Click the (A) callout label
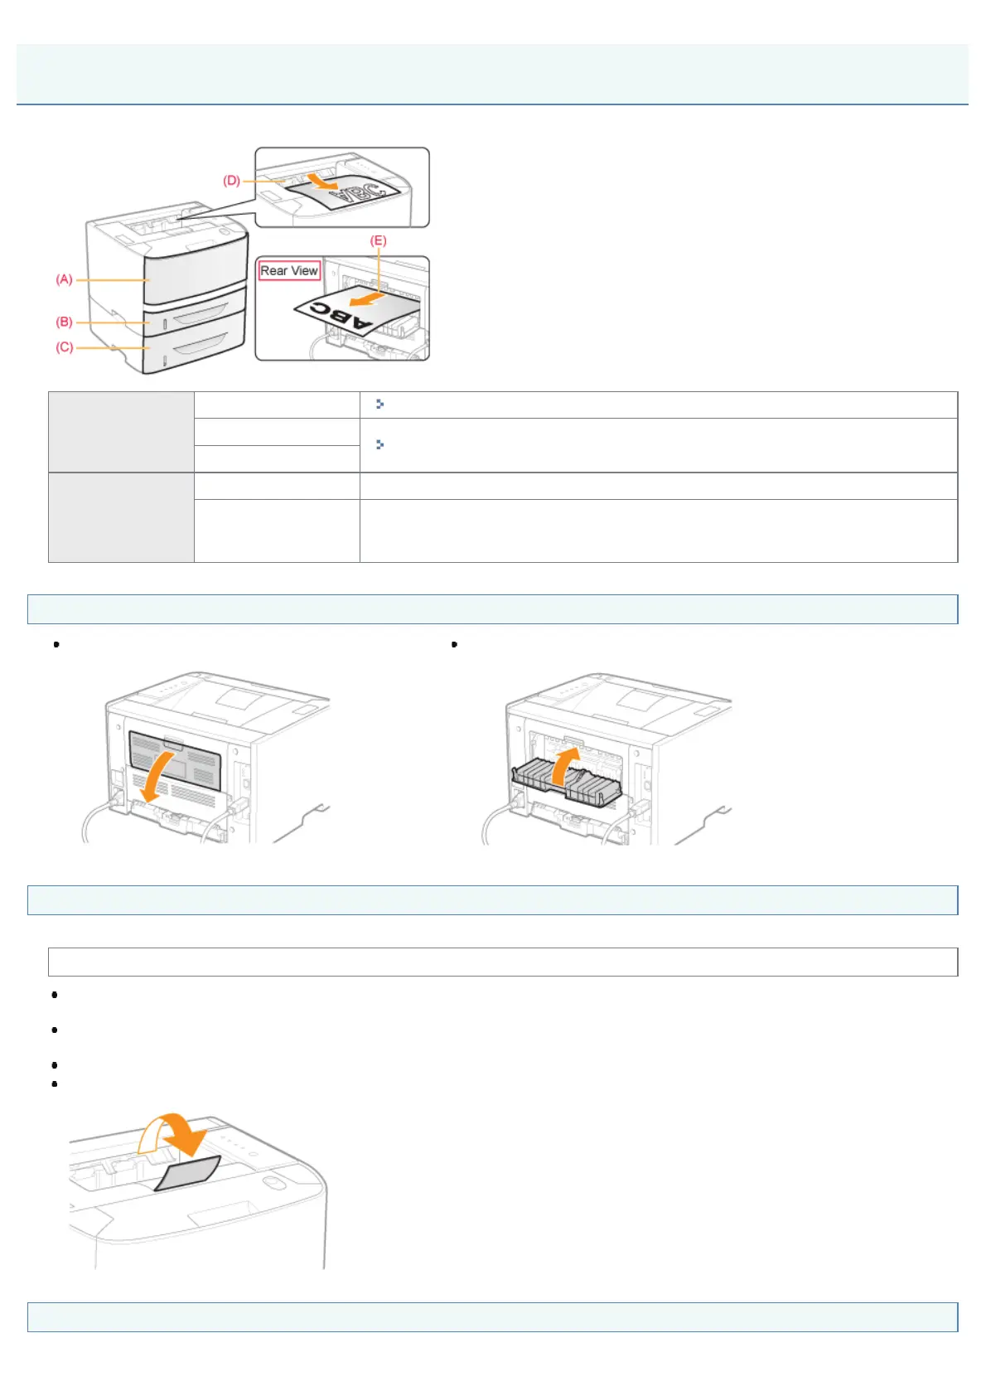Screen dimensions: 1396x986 coord(64,280)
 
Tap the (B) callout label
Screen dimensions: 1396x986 coord(64,322)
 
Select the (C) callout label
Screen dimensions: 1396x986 coord(64,347)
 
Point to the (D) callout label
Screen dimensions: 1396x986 coord(231,181)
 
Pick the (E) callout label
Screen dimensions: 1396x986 coord(378,240)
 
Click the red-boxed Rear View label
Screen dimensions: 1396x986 coord(289,271)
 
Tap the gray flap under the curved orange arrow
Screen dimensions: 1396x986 coord(188,1172)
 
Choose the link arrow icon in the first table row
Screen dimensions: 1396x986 coord(379,404)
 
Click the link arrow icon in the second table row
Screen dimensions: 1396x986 coord(379,445)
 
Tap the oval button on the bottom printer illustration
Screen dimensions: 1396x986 coord(273,1181)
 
